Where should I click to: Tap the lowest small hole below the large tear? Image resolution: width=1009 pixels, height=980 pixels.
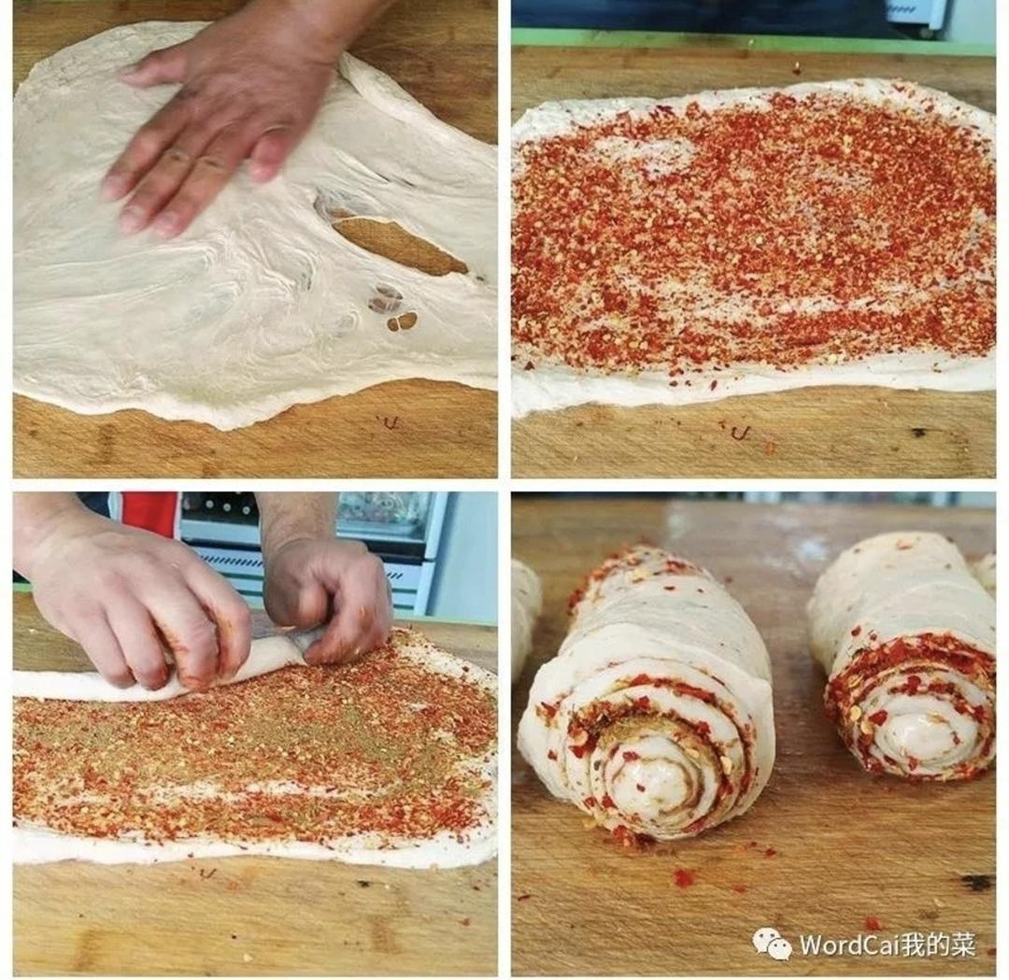[x=403, y=320]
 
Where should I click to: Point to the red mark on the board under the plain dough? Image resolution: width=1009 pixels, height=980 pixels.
[x=388, y=422]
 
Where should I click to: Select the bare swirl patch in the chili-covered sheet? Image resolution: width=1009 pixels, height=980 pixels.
[x=662, y=154]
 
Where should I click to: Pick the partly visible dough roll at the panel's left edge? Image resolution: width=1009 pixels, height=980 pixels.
[x=524, y=618]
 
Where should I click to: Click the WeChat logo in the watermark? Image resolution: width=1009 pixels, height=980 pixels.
[x=773, y=944]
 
